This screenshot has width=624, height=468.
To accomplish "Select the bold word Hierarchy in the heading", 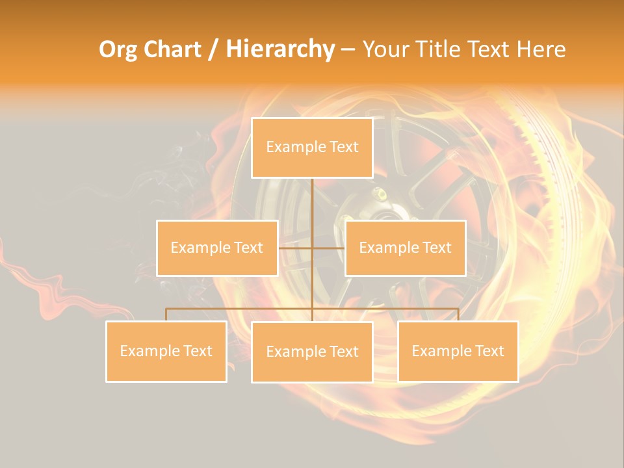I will tap(279, 49).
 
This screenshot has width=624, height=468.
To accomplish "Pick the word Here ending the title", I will tap(541, 49).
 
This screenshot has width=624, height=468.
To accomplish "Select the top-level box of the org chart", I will tap(312, 148).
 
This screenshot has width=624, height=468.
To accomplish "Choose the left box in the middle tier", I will tap(217, 248).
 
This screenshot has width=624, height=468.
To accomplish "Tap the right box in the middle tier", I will tap(405, 248).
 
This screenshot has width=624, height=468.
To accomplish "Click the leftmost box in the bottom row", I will tap(166, 351).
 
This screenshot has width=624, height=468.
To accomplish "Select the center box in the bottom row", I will tap(312, 352).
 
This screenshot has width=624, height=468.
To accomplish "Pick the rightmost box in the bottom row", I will tap(458, 351).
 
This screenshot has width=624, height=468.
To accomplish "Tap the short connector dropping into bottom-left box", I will tap(166, 315).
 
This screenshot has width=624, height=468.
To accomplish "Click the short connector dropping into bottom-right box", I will tap(458, 315).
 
